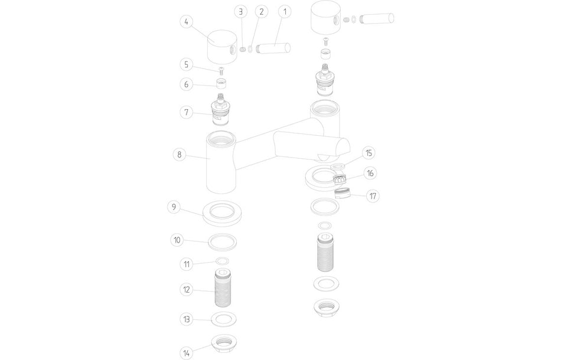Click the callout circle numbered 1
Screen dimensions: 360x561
coord(284,11)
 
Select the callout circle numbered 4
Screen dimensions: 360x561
coord(187,22)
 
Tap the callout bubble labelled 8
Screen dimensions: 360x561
coord(178,155)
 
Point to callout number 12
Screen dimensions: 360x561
coord(187,289)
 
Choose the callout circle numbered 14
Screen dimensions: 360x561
coord(187,353)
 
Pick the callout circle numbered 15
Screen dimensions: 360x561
coord(368,153)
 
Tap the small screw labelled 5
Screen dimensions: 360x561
coord(221,71)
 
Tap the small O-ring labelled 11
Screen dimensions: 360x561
coord(222,262)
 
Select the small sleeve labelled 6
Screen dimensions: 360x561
coord(221,83)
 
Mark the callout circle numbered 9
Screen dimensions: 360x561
coord(172,207)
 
